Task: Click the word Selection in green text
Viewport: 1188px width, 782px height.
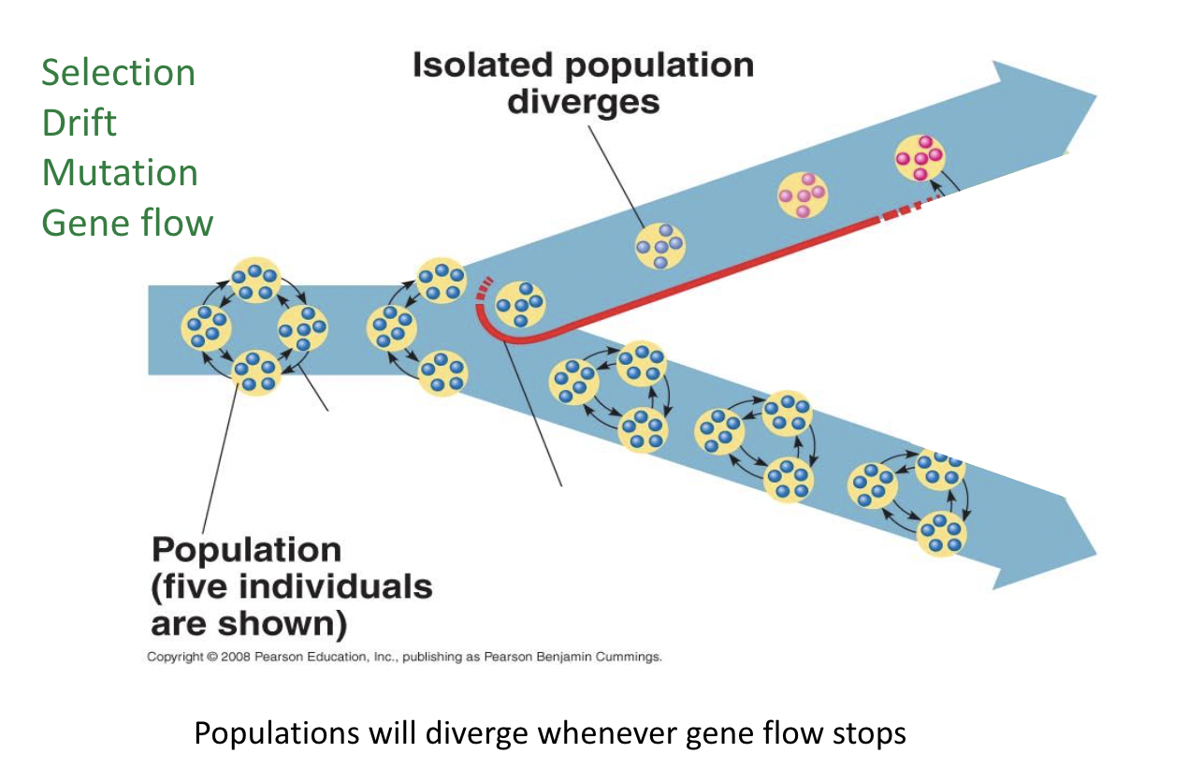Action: click(x=118, y=73)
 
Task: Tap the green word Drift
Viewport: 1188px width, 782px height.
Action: click(x=80, y=123)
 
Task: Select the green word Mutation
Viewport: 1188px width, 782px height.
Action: click(x=120, y=173)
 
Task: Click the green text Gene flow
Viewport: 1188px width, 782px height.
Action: click(x=127, y=223)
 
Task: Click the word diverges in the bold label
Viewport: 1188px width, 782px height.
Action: click(x=583, y=101)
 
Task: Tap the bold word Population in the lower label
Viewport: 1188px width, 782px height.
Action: click(x=246, y=549)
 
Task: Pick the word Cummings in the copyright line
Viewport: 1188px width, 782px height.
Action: click(x=630, y=657)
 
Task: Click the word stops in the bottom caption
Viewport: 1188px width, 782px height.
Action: click(x=869, y=733)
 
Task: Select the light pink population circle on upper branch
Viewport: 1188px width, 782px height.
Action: click(x=803, y=195)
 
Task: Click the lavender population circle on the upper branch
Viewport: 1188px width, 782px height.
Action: click(x=659, y=245)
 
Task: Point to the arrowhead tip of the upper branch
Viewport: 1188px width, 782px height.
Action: click(x=1095, y=96)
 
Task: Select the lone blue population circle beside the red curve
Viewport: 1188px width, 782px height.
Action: click(x=520, y=305)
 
